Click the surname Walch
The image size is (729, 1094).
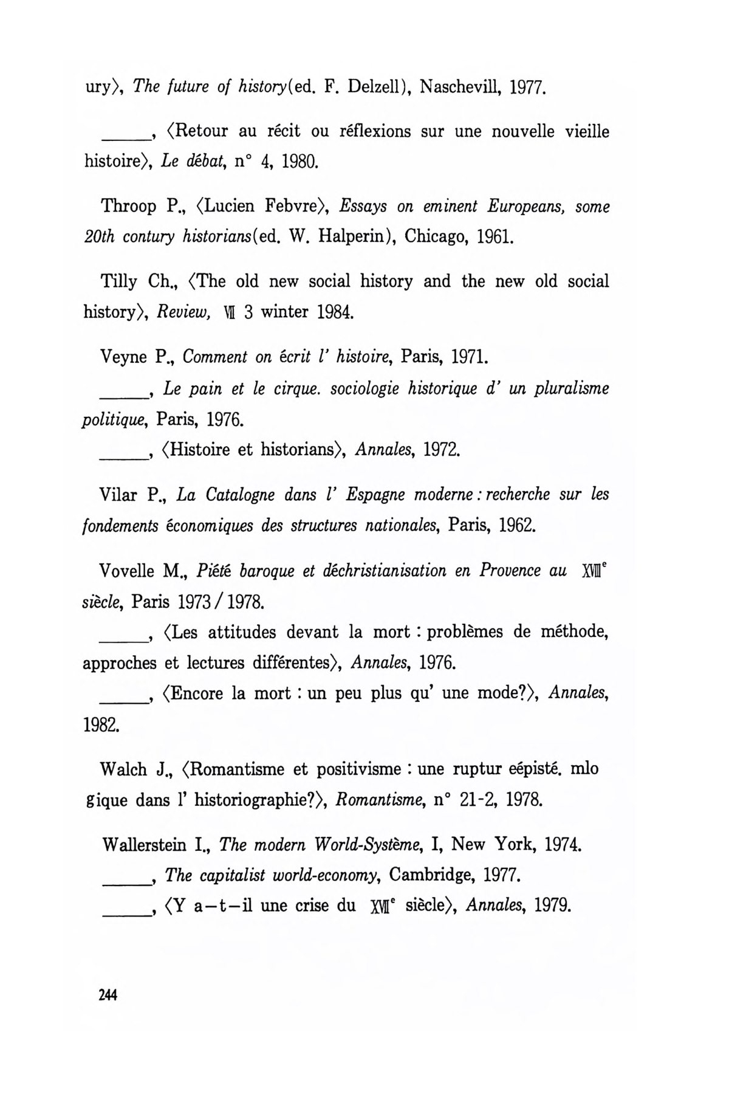pyautogui.click(x=124, y=769)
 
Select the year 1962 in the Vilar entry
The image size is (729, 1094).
pyautogui.click(x=517, y=525)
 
